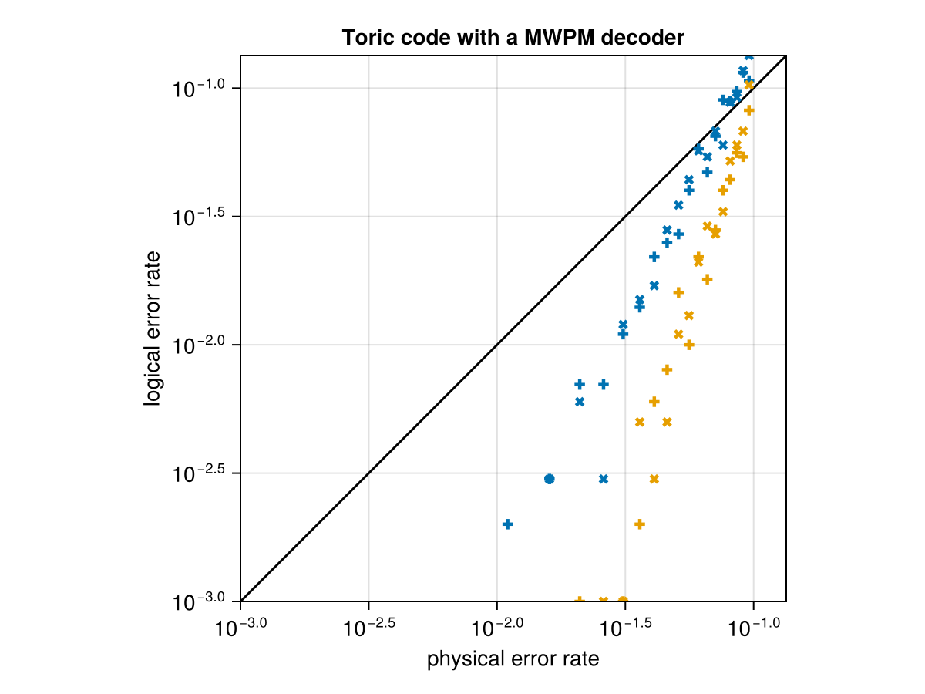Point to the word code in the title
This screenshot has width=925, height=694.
414,37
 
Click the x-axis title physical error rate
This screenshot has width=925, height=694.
513,659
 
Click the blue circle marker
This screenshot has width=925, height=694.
549,479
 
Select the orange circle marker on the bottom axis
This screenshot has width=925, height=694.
623,601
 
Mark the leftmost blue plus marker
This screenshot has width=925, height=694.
507,524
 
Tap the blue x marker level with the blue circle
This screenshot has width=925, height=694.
604,479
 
